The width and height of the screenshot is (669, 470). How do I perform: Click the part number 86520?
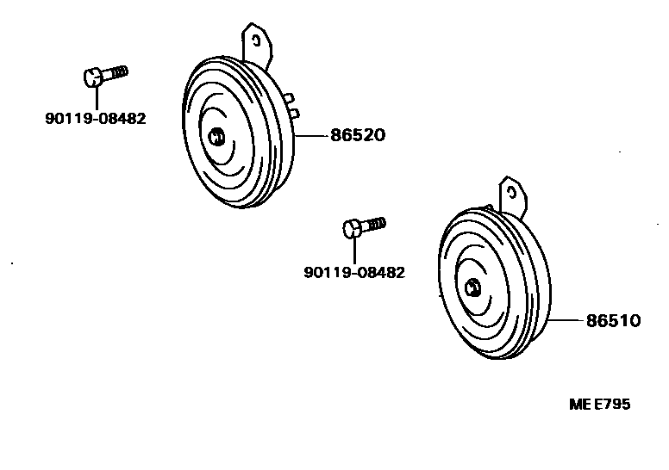[356, 135]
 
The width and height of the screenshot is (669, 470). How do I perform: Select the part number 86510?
[613, 320]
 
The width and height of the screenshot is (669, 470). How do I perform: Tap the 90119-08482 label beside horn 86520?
[95, 119]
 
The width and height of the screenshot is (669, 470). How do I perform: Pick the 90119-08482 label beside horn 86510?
[353, 272]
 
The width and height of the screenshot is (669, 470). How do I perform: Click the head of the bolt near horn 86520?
[94, 77]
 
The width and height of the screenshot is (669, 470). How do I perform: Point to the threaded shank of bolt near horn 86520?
[116, 71]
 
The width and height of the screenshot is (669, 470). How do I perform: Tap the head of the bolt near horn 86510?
[352, 230]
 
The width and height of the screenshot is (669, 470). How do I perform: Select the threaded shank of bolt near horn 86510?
[374, 225]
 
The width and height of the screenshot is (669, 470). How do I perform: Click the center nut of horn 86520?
[216, 135]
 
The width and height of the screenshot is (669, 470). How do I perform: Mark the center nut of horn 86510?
[472, 288]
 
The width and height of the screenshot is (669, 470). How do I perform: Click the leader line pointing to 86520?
[313, 135]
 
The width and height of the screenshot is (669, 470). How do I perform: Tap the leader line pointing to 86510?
[568, 320]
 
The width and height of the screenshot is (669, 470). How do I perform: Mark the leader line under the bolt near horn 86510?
[353, 250]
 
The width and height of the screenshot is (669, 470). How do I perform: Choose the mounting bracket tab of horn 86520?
[257, 43]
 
